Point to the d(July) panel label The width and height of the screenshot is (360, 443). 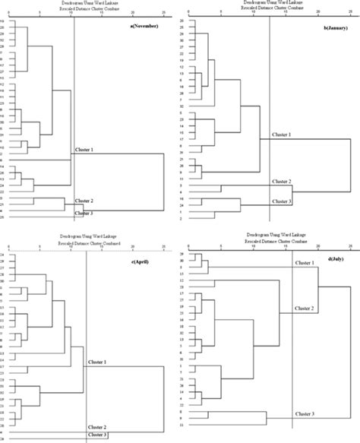point(333,261)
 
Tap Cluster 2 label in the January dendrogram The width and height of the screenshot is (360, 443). point(282,182)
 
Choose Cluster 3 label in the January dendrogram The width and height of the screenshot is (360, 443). point(282,201)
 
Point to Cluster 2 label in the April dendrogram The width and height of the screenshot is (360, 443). point(98,427)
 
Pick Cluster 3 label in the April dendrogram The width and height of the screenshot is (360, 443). point(98,435)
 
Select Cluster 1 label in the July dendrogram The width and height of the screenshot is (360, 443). point(304,261)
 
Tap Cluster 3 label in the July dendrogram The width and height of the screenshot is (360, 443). point(304,413)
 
